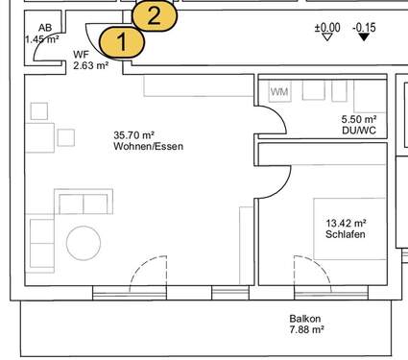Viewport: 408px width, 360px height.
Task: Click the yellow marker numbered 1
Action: pyautogui.click(x=120, y=42)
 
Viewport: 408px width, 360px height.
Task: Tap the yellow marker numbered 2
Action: pyautogui.click(x=155, y=15)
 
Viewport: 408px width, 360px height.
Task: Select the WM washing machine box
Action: pyautogui.click(x=279, y=92)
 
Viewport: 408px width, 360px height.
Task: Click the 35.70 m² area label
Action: pyautogui.click(x=133, y=135)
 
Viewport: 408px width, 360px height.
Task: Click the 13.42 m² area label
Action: pyautogui.click(x=346, y=222)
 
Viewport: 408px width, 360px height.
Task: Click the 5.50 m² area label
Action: pyautogui.click(x=358, y=119)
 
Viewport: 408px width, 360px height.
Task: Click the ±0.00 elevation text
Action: pyautogui.click(x=327, y=28)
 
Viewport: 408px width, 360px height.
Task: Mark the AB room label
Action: pyautogui.click(x=45, y=29)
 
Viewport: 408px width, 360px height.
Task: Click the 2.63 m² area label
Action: pyautogui.click(x=90, y=67)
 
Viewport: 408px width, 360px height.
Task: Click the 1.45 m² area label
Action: pyautogui.click(x=42, y=40)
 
